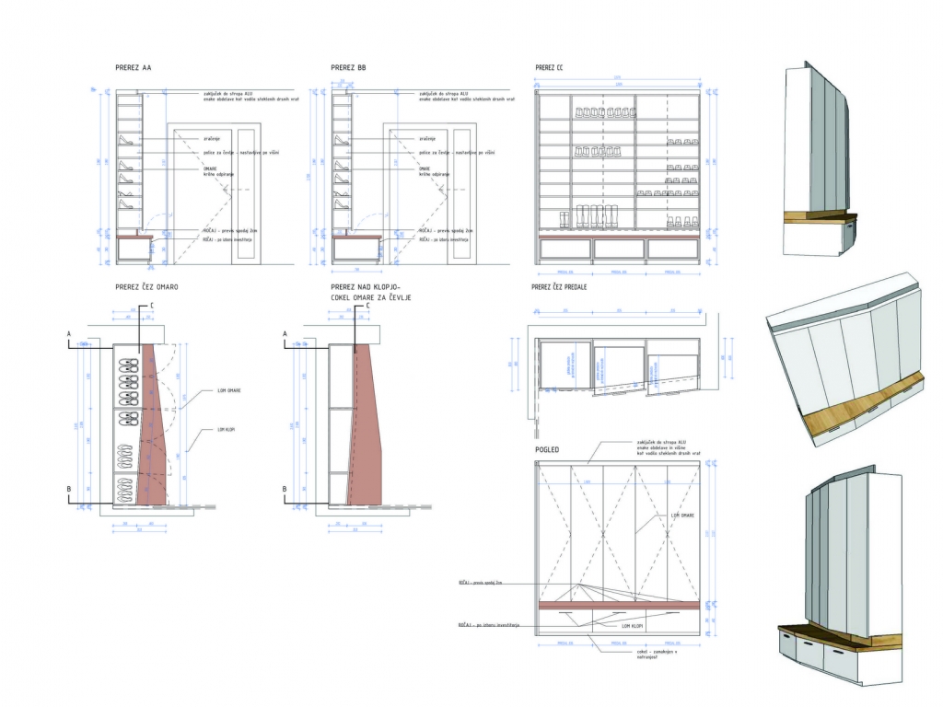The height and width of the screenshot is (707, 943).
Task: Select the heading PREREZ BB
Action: [x=348, y=68]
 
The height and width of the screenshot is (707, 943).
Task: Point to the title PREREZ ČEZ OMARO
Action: [x=147, y=287]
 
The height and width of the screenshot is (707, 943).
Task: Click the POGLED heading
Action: [x=549, y=449]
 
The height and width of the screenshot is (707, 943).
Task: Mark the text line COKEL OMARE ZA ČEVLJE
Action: [x=370, y=299]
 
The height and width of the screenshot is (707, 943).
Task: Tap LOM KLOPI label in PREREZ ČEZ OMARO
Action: [x=227, y=430]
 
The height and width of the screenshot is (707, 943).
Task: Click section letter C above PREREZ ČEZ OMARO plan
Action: [x=151, y=304]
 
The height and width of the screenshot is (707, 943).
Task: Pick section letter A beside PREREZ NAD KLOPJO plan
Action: [x=285, y=333]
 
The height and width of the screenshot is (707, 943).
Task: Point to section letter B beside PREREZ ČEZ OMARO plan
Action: [x=69, y=490]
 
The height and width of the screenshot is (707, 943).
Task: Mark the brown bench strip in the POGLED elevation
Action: [x=617, y=605]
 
